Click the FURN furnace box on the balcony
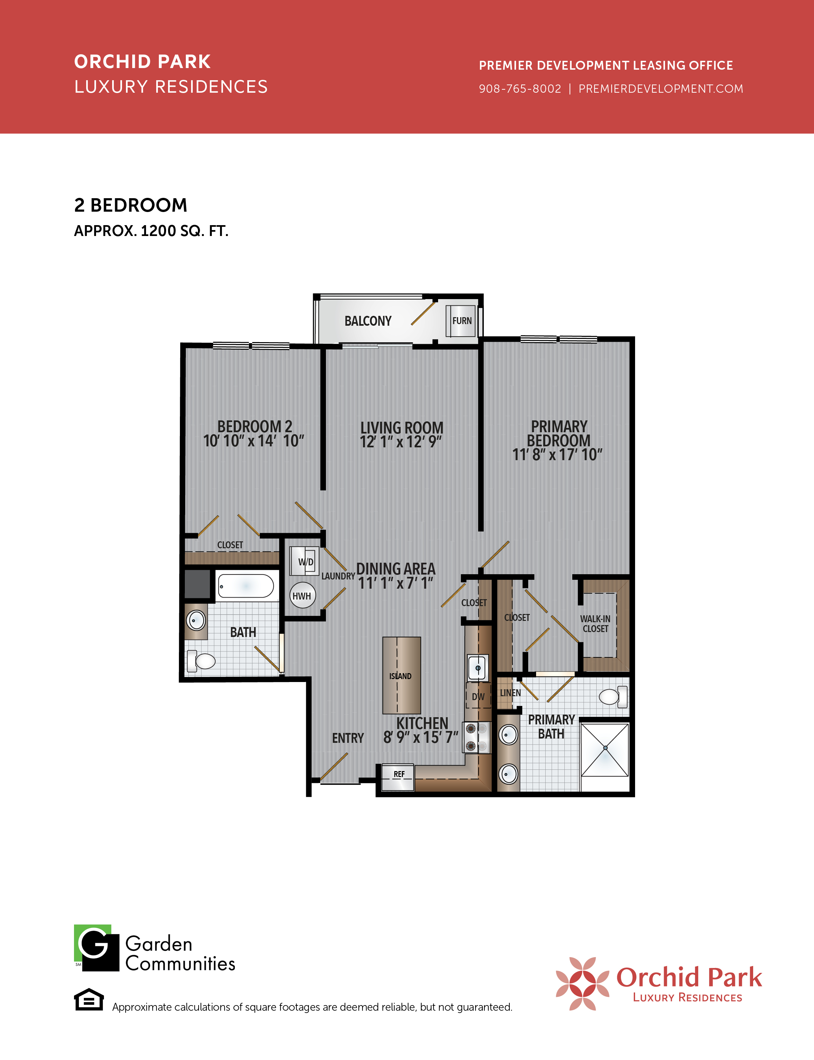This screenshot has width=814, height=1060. point(462,320)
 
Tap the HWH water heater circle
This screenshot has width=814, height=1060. point(302,596)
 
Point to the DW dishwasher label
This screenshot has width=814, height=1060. point(478,697)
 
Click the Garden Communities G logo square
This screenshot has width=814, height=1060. point(96,948)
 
